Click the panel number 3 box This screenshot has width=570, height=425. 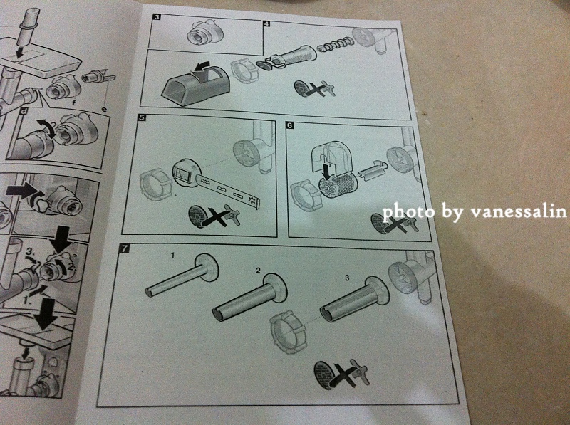coord(157,16)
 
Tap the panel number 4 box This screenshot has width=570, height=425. coord(266,24)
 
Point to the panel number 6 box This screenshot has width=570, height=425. coord(290,126)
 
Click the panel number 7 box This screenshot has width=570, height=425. coord(124,249)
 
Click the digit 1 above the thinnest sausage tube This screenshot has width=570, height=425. coord(172,256)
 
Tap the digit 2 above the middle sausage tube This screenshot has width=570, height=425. coord(258,271)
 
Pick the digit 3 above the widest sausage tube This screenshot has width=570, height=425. coord(347,278)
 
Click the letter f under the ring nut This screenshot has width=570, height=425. coord(74,103)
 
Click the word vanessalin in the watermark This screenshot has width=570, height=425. coord(519,211)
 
